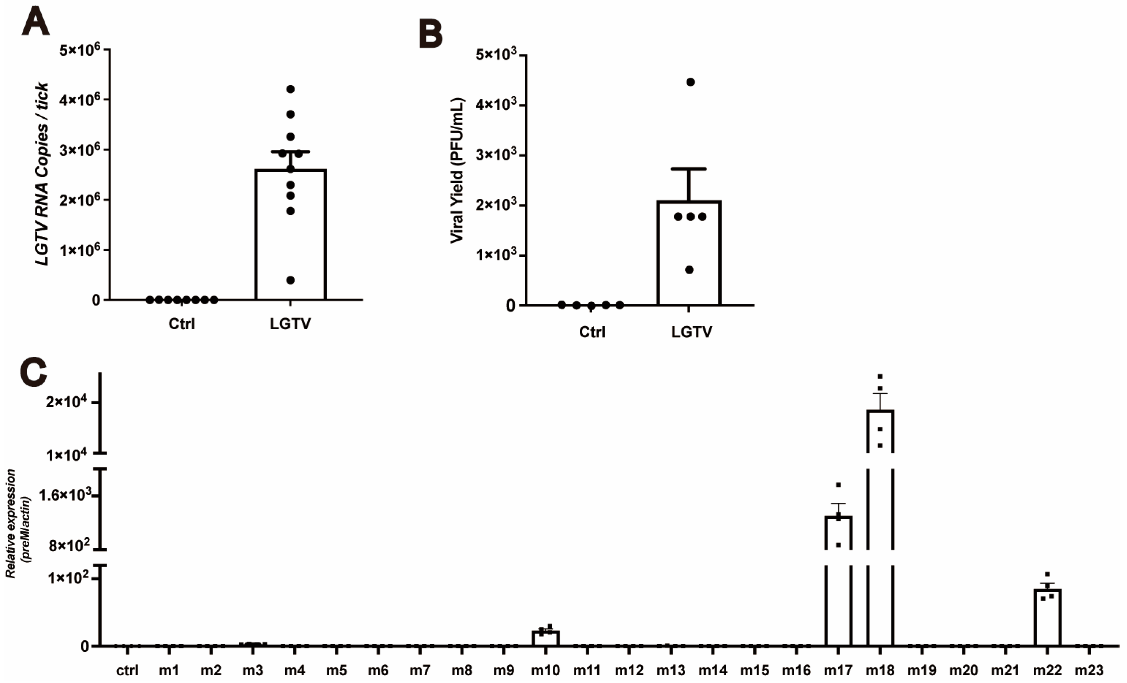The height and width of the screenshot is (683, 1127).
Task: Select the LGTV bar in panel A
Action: pos(290,234)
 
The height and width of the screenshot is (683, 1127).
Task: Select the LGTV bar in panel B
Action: pos(689,253)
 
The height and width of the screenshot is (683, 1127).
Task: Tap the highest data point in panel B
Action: pos(691,82)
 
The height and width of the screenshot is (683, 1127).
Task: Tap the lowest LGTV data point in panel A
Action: pos(290,280)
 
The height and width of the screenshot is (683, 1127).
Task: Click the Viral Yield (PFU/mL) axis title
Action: pos(457,170)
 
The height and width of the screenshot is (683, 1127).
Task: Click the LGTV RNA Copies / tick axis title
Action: pos(42,174)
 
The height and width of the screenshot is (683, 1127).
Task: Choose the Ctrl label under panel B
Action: pos(592,331)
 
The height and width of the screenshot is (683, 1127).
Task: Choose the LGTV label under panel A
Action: pos(290,324)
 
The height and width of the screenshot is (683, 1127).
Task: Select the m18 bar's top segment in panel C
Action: pos(880,431)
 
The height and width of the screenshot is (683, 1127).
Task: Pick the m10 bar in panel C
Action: pos(546,638)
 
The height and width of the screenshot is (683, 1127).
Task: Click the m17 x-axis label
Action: pos(838,671)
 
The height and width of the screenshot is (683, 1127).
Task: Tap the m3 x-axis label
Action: pos(252,671)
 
